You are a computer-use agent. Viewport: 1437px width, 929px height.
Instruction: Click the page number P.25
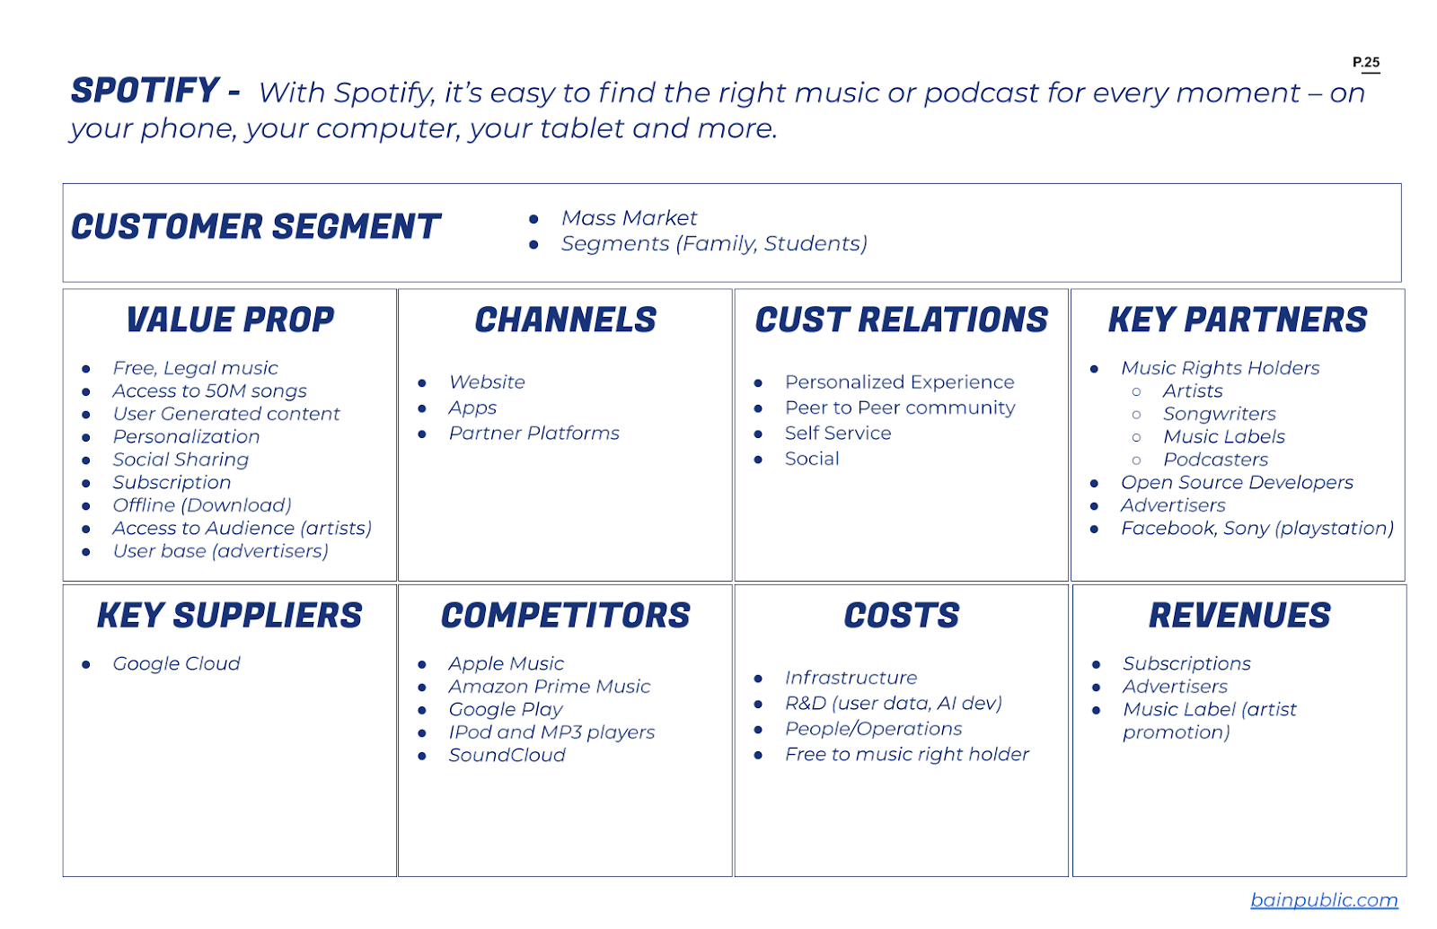pyautogui.click(x=1366, y=62)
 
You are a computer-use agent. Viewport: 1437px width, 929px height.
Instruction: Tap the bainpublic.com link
pyautogui.click(x=1324, y=899)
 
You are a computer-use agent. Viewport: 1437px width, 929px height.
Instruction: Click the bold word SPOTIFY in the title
pyautogui.click(x=145, y=90)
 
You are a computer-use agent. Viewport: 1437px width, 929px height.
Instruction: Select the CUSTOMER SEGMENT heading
pyautogui.click(x=255, y=226)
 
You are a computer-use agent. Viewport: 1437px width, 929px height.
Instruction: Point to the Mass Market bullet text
pyautogui.click(x=629, y=218)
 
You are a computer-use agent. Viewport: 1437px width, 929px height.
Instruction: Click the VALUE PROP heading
pyautogui.click(x=230, y=320)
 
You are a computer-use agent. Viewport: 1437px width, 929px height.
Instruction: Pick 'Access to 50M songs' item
pyautogui.click(x=210, y=390)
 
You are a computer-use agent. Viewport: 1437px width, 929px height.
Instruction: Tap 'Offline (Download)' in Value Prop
pyautogui.click(x=202, y=505)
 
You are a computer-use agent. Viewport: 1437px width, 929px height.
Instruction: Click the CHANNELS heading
pyautogui.click(x=565, y=320)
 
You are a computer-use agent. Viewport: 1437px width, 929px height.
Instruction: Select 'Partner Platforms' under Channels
pyautogui.click(x=533, y=433)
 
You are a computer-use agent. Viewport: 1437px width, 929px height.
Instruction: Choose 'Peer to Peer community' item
pyautogui.click(x=900, y=408)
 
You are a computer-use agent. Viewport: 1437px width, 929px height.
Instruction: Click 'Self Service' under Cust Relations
pyautogui.click(x=838, y=433)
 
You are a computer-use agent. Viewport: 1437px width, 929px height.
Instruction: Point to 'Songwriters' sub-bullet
pyautogui.click(x=1220, y=414)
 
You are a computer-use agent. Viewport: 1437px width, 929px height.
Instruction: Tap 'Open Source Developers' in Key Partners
pyautogui.click(x=1237, y=482)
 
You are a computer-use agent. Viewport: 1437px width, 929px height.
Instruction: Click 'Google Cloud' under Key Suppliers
pyautogui.click(x=176, y=663)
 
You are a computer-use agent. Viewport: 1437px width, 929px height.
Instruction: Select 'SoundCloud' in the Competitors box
pyautogui.click(x=507, y=755)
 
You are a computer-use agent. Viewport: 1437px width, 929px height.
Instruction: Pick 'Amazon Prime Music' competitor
pyautogui.click(x=549, y=686)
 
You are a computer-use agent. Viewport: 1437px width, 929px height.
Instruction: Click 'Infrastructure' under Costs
pyautogui.click(x=851, y=677)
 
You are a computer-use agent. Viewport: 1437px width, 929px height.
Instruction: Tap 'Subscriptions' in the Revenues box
pyautogui.click(x=1186, y=663)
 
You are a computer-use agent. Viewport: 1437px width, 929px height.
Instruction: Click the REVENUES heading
pyautogui.click(x=1239, y=615)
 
